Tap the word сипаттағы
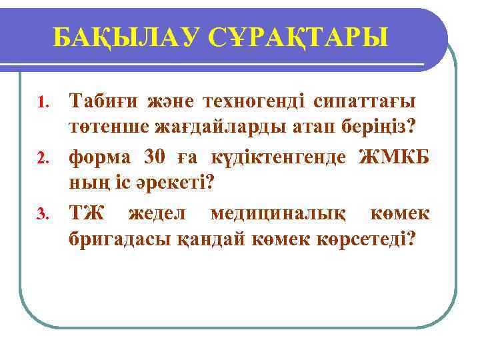364,101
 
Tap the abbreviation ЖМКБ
394,157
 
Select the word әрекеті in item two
175,183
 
